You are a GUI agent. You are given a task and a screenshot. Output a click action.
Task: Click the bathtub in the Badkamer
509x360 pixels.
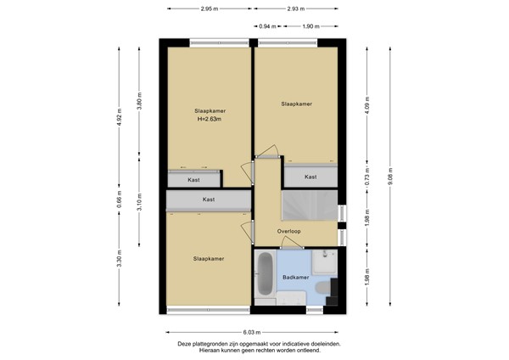266,274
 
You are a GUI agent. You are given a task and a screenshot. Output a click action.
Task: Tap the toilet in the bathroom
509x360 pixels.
324,287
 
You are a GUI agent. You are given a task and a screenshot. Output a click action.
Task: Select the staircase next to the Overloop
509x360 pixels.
310,205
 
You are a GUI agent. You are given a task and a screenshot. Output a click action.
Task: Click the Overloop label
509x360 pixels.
288,231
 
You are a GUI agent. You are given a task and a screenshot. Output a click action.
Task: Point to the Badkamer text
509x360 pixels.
296,278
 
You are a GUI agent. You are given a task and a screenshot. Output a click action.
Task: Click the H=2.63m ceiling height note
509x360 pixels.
210,119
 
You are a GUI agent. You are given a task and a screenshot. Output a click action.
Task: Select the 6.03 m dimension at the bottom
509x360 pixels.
252,332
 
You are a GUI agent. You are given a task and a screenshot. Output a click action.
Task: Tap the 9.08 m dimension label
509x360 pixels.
390,176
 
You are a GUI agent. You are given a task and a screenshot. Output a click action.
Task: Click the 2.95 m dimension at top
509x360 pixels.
210,8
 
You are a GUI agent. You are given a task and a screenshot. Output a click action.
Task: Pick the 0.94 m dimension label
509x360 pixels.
267,26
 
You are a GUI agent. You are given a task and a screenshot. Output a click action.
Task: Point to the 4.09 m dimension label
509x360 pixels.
367,105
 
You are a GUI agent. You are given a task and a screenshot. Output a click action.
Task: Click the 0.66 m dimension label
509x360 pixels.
119,200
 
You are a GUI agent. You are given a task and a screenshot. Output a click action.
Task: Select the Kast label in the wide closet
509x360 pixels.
209,200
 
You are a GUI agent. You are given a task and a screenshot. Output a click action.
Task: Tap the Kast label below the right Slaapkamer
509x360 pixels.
310,177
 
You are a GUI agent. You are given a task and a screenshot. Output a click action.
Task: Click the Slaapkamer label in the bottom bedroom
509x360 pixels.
209,259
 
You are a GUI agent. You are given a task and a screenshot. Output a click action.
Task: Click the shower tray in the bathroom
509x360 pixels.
325,262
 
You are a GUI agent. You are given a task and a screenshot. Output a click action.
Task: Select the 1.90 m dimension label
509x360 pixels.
310,26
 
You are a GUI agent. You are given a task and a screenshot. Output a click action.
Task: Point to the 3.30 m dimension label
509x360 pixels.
119,258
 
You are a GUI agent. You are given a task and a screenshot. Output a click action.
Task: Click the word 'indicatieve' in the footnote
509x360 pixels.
294,344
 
